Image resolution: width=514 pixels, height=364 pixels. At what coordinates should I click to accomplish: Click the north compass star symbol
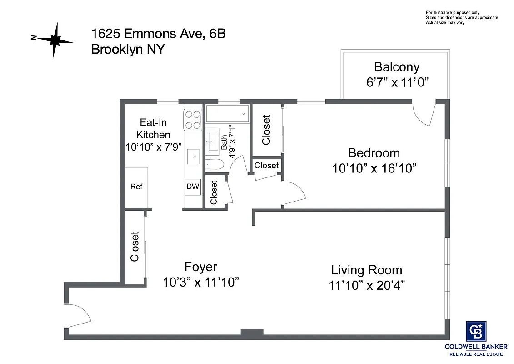[55, 40]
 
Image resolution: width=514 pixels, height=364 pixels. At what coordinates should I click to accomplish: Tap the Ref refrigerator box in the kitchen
[136, 187]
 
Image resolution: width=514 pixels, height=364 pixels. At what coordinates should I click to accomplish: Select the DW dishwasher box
[193, 187]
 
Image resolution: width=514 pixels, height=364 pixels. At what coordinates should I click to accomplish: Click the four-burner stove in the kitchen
[193, 119]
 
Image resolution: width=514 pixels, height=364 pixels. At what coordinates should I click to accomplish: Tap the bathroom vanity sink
[213, 141]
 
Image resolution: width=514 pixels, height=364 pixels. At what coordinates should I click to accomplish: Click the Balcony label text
[396, 67]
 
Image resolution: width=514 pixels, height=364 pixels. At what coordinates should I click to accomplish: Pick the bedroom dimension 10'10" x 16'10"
[374, 168]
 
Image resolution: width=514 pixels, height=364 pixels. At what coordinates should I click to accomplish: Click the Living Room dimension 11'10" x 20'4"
[367, 285]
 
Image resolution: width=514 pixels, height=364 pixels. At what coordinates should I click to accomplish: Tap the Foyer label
[200, 267]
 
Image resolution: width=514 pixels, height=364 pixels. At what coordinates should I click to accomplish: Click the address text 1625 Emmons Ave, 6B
[158, 34]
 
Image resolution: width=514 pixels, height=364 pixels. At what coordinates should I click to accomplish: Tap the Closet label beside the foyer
[135, 247]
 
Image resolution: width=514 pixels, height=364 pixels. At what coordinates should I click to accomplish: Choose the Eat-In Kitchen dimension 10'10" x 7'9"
[154, 147]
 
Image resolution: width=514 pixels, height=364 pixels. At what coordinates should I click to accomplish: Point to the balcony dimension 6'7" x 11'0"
[397, 82]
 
